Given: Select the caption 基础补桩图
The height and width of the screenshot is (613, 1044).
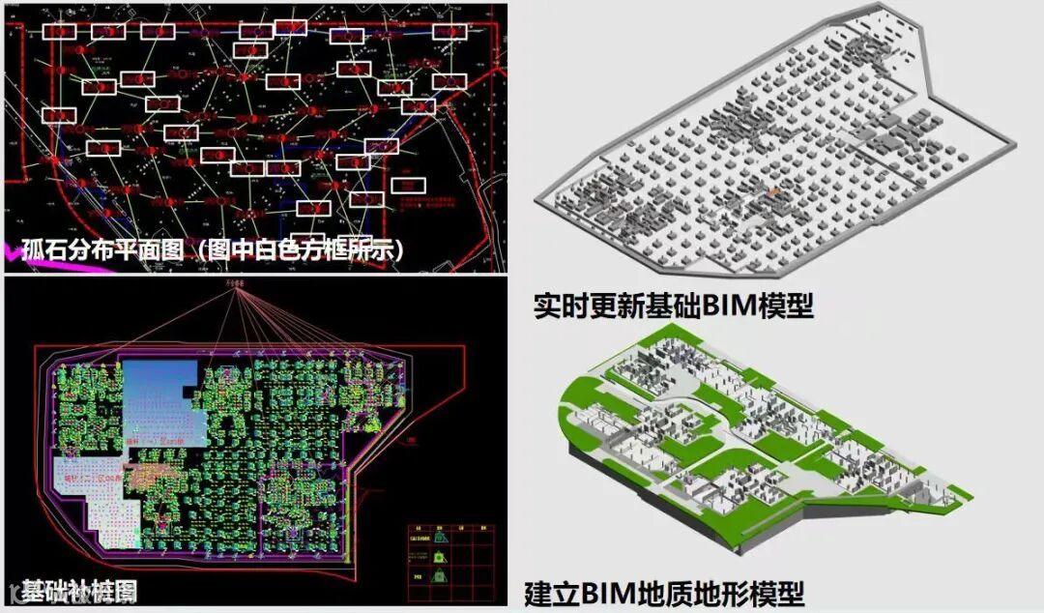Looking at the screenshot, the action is click(x=79, y=590).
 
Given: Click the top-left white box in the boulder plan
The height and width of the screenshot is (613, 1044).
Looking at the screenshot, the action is click(x=60, y=31).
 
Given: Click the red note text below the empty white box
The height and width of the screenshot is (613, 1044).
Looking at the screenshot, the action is click(x=425, y=204).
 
